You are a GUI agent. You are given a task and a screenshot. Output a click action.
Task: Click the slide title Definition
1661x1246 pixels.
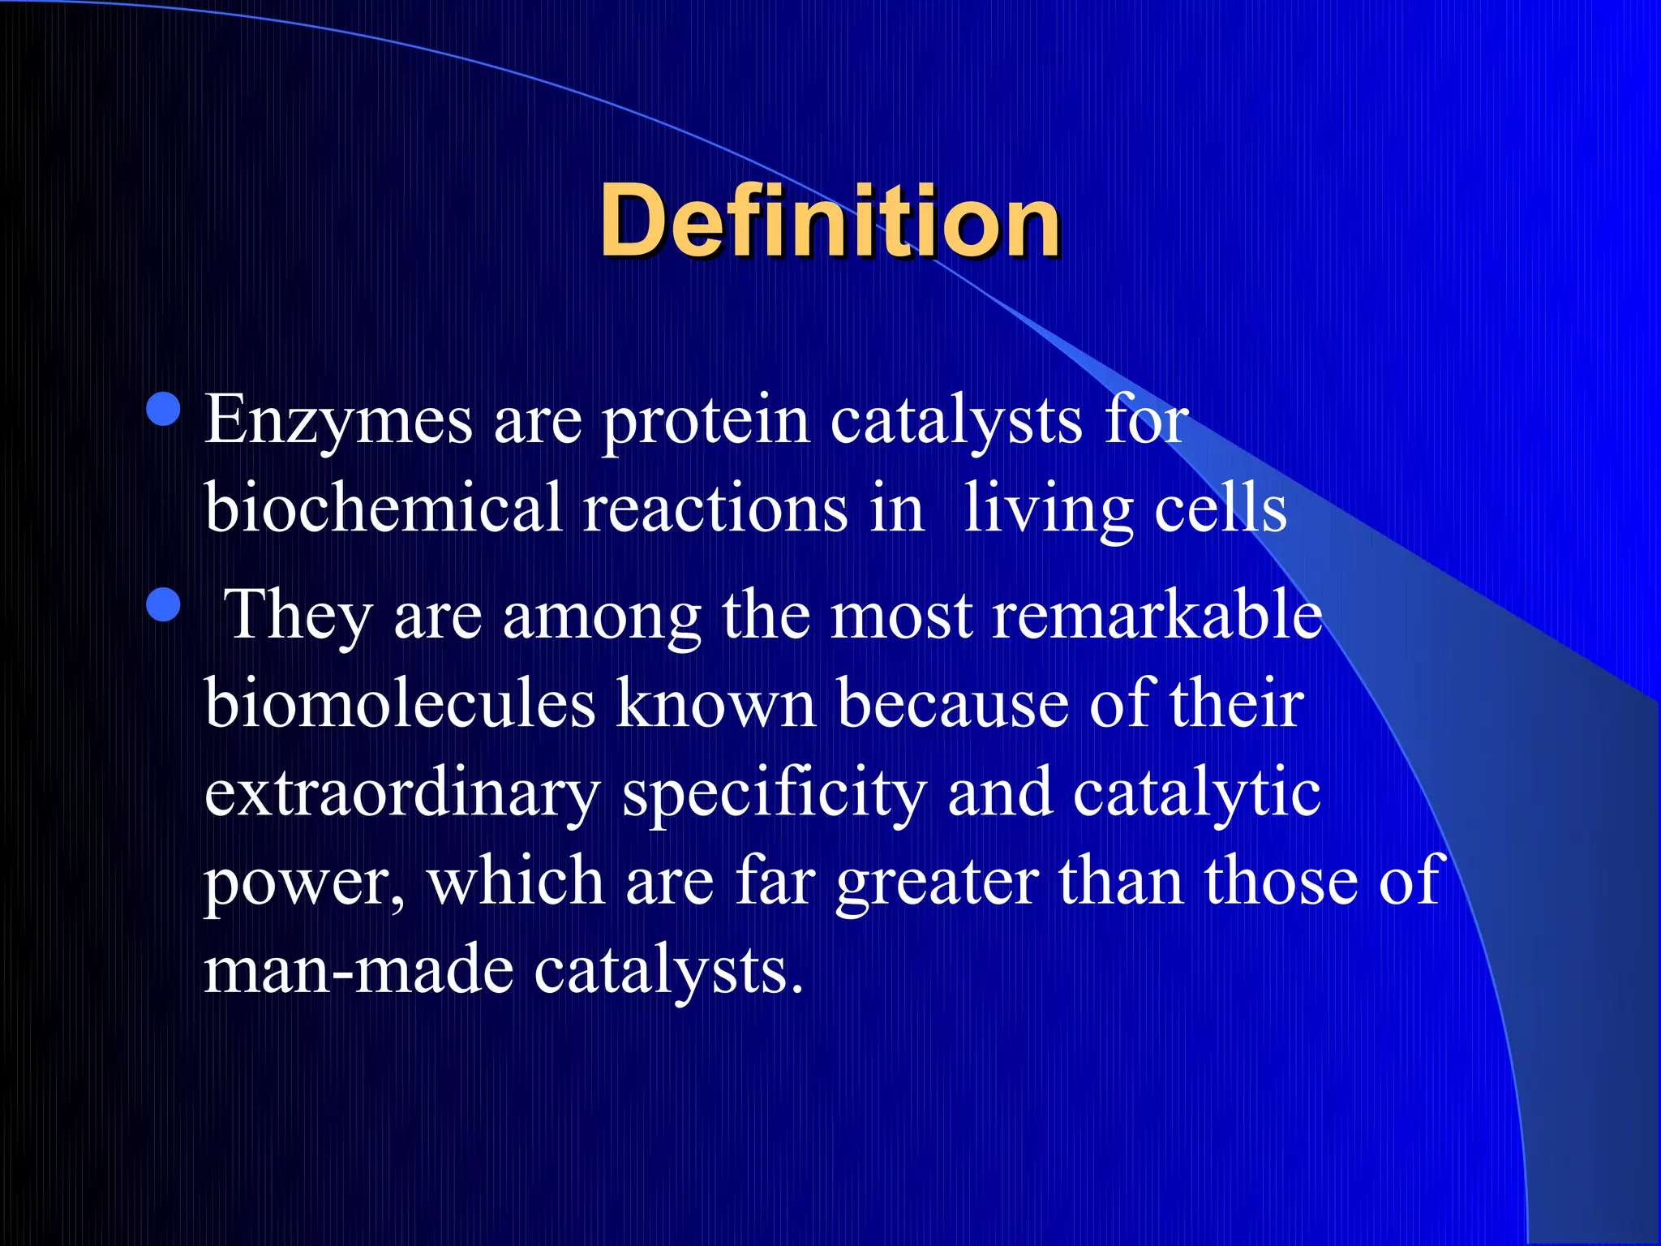coord(829,221)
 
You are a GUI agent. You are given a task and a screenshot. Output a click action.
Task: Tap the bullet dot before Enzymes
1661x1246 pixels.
coord(164,409)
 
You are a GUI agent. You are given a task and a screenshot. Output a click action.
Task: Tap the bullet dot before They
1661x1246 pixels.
coord(164,604)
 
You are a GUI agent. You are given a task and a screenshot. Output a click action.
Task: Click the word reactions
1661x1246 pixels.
coord(715,509)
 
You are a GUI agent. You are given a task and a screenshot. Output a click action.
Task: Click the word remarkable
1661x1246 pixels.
coord(1157,615)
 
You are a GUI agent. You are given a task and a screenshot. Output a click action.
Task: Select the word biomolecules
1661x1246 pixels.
coord(400,702)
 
